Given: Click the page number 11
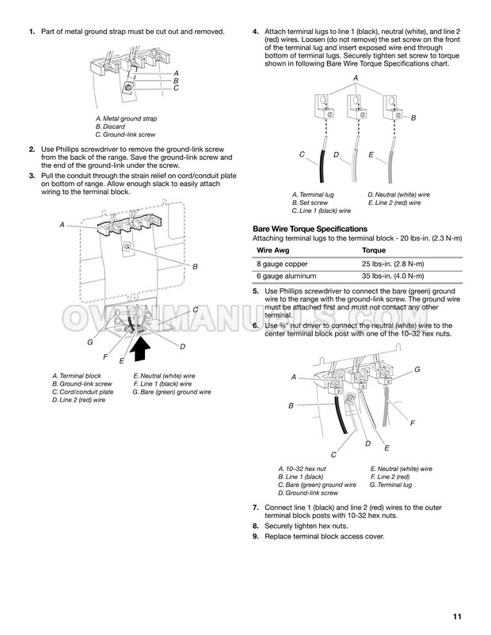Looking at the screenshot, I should pyautogui.click(x=457, y=617).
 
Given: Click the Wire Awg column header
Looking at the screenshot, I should pyautogui.click(x=271, y=249).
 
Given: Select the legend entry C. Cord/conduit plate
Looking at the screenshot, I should pyautogui.click(x=82, y=392).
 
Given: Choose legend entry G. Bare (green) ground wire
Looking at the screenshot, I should pyautogui.click(x=172, y=392).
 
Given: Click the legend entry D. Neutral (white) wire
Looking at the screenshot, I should pyautogui.click(x=398, y=195).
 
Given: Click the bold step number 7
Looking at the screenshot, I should pyautogui.click(x=255, y=506).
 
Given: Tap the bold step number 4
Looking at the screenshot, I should pyautogui.click(x=255, y=32).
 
